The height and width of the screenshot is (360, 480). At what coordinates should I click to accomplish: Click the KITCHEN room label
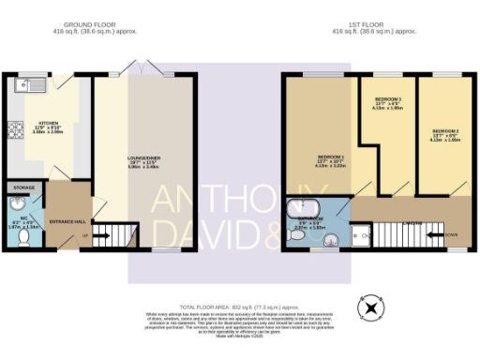click(48, 123)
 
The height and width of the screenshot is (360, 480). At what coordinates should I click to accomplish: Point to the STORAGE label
click(23, 187)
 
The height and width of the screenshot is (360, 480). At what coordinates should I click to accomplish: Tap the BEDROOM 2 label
click(444, 130)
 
